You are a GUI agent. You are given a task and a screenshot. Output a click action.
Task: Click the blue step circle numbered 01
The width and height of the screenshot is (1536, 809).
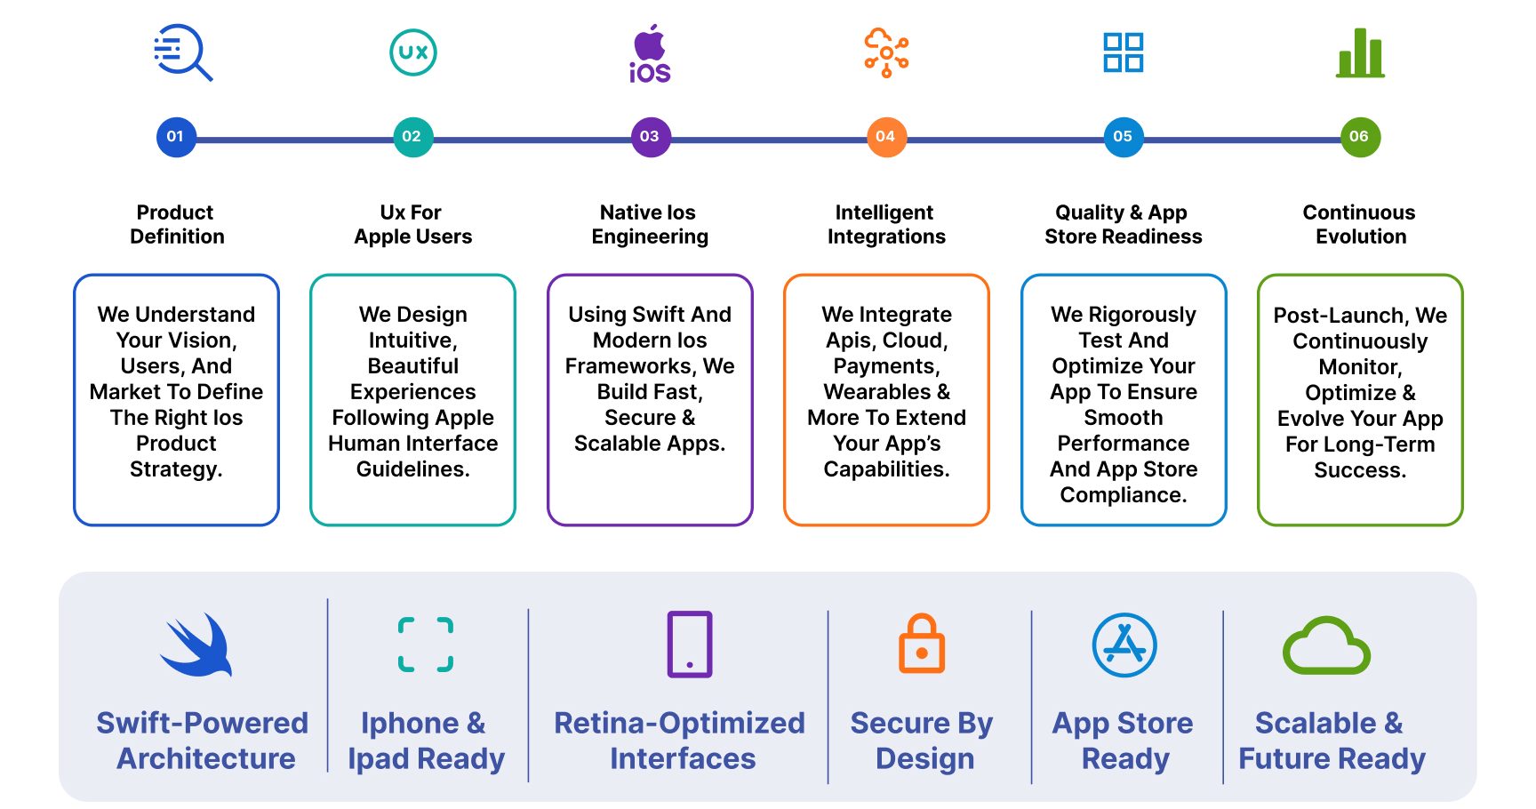click(x=176, y=137)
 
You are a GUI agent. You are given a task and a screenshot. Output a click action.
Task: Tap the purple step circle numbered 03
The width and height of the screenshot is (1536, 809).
click(x=650, y=137)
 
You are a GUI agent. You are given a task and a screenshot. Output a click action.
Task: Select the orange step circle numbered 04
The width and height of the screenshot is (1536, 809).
click(x=886, y=137)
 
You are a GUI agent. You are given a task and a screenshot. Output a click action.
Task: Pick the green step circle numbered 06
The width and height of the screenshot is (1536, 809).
click(x=1360, y=137)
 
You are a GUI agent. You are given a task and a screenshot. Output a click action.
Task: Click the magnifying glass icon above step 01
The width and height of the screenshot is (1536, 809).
click(x=182, y=52)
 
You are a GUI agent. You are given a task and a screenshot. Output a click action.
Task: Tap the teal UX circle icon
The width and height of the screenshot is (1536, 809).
click(x=413, y=52)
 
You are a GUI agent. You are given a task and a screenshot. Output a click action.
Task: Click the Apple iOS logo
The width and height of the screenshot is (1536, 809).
click(x=650, y=53)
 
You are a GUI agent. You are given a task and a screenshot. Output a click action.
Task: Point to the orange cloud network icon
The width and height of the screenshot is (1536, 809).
click(x=886, y=52)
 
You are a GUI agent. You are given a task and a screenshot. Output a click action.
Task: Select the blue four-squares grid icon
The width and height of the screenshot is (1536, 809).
click(x=1124, y=52)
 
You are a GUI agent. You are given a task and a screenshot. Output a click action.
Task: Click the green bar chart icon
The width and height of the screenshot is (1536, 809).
click(x=1361, y=52)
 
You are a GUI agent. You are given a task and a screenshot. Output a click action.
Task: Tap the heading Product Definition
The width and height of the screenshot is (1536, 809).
click(x=176, y=224)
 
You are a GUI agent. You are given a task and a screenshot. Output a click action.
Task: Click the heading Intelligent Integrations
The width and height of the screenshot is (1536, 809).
click(x=886, y=224)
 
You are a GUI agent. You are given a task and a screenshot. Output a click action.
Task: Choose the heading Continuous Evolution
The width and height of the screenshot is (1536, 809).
click(x=1360, y=224)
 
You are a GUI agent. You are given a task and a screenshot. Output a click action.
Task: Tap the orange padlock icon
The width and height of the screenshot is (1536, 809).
click(x=922, y=643)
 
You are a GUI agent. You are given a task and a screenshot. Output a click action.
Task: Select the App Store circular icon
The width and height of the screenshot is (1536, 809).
click(x=1124, y=645)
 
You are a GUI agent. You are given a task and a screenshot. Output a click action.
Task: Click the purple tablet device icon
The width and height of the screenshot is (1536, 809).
click(x=690, y=644)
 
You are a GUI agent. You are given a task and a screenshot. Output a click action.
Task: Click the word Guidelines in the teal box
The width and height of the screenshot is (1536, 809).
click(x=413, y=469)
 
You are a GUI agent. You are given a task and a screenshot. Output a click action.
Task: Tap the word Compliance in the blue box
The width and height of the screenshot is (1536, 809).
click(x=1124, y=495)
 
